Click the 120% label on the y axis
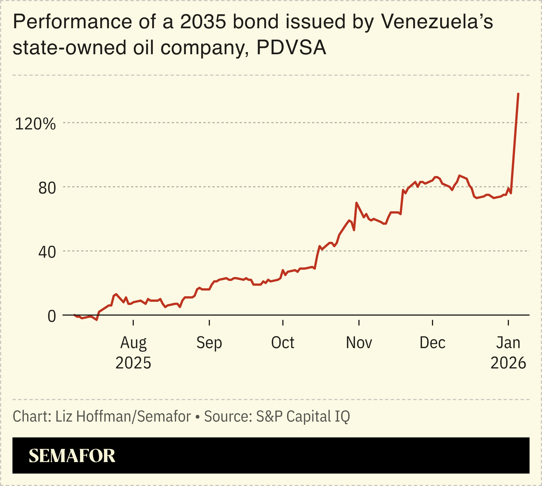coord(35,124)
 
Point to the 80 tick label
coord(47,188)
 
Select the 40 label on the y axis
coord(47,252)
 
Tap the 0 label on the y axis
coord(52,316)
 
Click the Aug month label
coord(133,343)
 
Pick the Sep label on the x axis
coord(209,343)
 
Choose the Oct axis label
coord(283,343)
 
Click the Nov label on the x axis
coord(359,343)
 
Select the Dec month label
coord(432,343)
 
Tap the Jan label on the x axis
coord(508,343)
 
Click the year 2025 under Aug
coord(133,363)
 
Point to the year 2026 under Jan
coord(508,363)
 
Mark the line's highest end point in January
coord(518,94)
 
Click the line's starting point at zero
coord(74,315)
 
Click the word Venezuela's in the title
coord(437,22)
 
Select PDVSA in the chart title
coord(291,47)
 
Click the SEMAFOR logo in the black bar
coord(72,456)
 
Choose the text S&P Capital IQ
coord(303,416)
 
